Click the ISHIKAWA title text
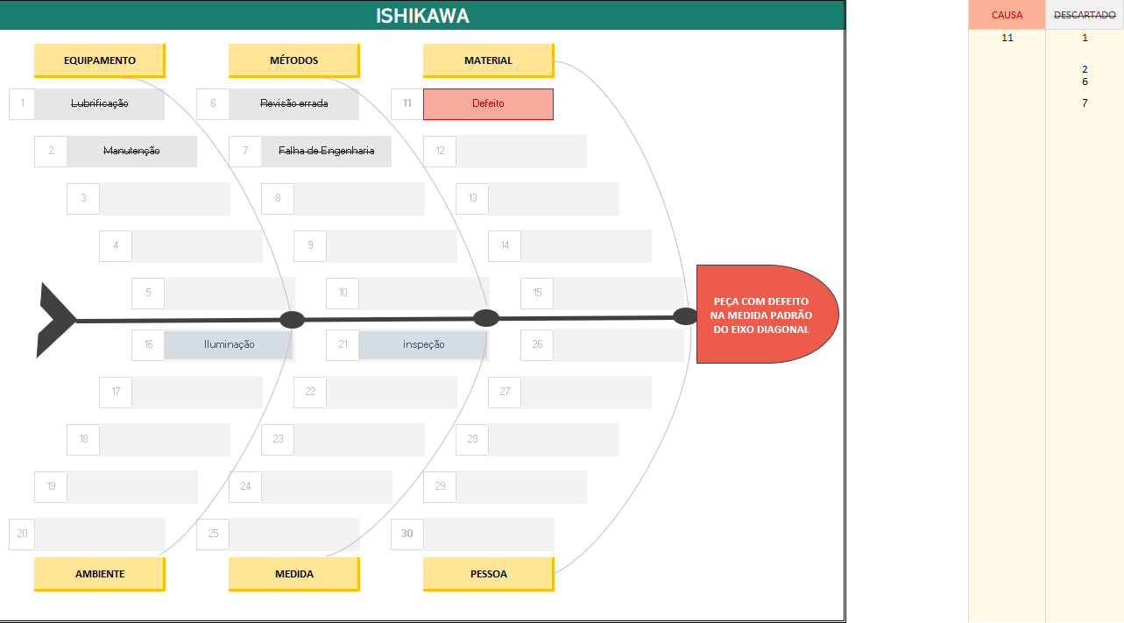422,16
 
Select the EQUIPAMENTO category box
99,60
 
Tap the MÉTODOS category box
293,60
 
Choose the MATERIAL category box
488,60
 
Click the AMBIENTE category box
99,574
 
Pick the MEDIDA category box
293,574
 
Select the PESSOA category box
488,574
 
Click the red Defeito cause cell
488,103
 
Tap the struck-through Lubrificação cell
99,103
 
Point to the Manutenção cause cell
131,151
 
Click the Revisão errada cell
293,103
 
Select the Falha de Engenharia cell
326,151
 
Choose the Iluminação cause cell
229,344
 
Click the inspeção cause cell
423,344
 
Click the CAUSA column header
1007,15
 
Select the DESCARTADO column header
1085,15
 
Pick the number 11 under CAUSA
1007,38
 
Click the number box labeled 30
406,534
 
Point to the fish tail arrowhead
54,320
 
